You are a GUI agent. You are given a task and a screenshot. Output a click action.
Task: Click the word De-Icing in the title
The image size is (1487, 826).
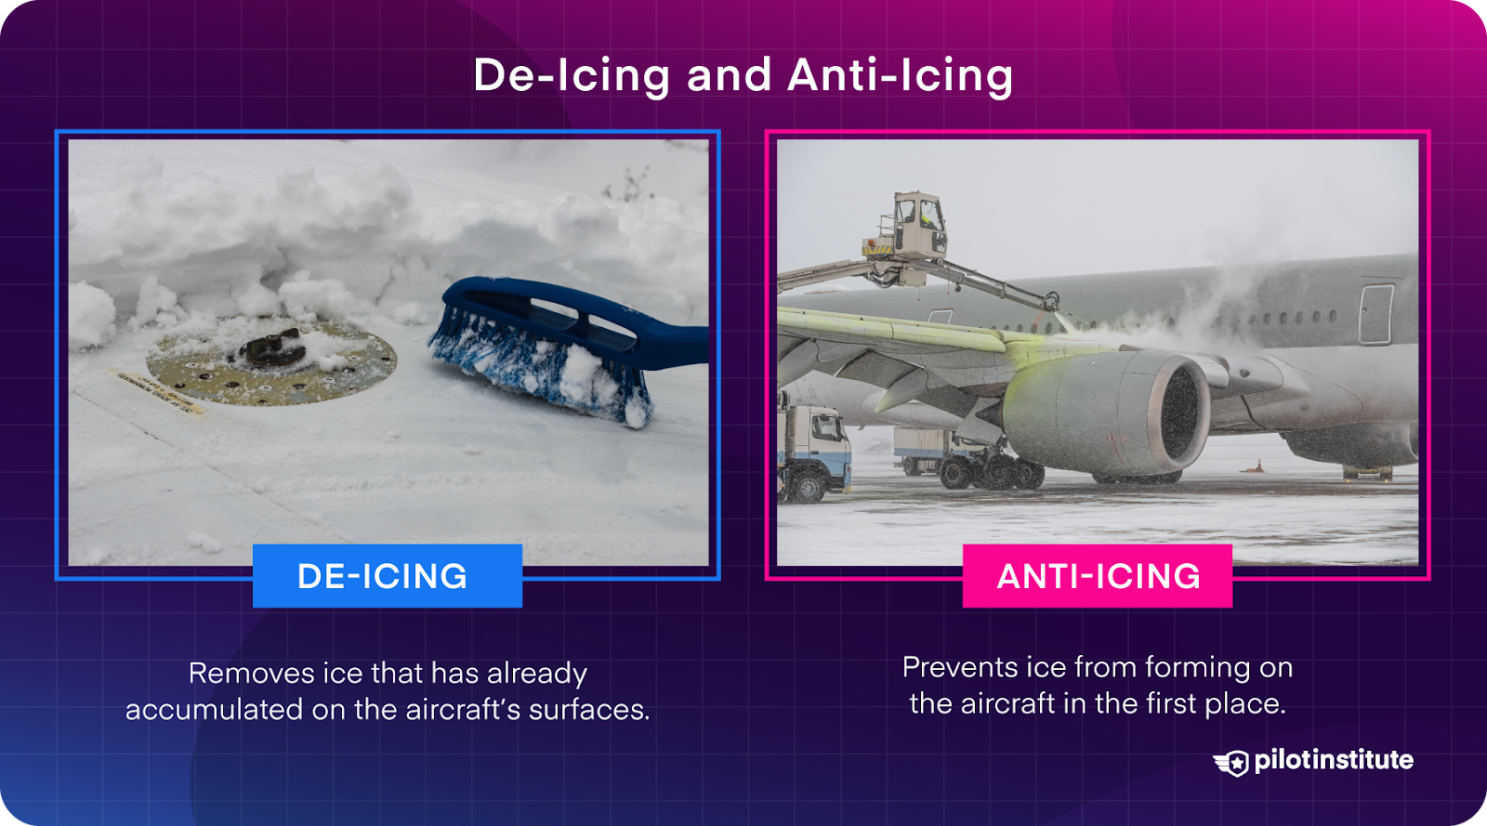click(571, 75)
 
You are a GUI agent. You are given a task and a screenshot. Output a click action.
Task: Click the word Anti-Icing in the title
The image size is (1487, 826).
click(900, 75)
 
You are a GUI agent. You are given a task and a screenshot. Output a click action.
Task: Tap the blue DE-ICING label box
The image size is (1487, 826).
click(387, 576)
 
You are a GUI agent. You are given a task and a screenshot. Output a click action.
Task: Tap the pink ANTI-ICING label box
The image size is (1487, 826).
click(1098, 576)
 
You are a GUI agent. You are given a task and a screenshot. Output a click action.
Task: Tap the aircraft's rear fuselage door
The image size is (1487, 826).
click(1375, 314)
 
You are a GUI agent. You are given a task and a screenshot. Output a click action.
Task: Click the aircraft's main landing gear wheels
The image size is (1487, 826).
click(990, 472)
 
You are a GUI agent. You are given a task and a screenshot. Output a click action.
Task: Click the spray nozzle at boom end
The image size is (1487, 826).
click(1051, 302)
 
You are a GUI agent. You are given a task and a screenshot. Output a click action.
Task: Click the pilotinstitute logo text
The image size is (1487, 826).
click(1333, 760)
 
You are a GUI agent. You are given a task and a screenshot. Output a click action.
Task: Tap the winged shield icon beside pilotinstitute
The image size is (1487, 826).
click(1232, 763)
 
